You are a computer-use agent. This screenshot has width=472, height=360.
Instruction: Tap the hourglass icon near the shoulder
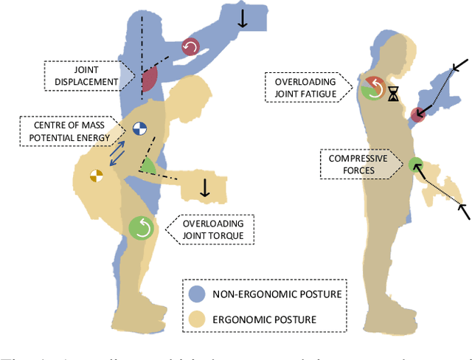click(394, 94)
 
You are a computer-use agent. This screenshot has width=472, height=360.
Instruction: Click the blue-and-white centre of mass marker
click(139, 129)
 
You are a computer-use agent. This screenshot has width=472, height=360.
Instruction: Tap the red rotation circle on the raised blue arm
click(191, 47)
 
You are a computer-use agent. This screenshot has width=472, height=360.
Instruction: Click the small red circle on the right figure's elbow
click(419, 114)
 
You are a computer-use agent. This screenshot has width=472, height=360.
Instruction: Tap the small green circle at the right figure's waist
click(414, 165)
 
